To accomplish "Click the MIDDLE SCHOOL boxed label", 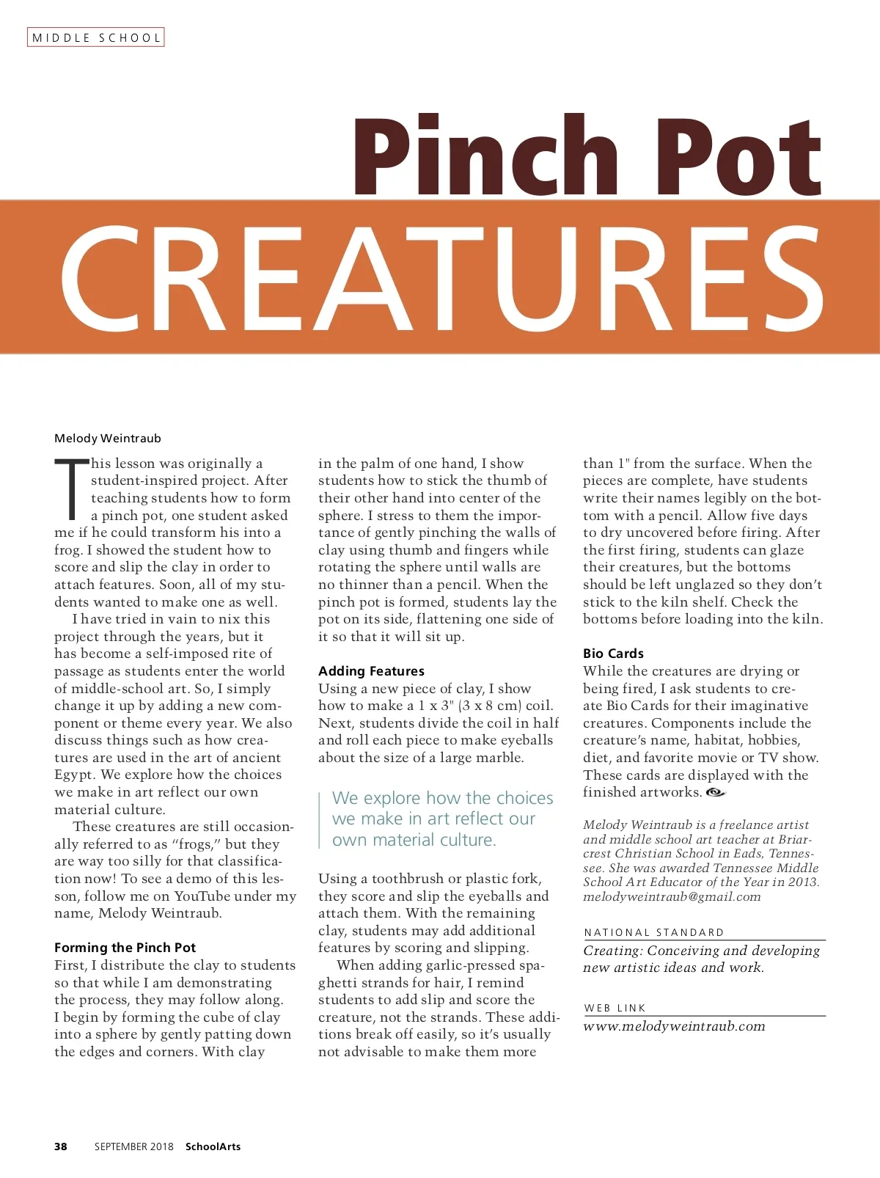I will coord(96,37).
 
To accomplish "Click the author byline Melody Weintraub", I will coord(108,438).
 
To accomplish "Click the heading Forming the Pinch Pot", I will coord(125,947).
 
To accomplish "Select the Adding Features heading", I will coord(371,670).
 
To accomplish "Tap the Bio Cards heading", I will coord(613,653).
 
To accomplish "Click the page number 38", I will coord(61,1146).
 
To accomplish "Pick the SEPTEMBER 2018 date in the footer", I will coord(134,1146).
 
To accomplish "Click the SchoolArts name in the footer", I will coord(213,1146).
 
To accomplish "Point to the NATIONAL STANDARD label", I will coord(654,932).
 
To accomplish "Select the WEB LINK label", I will coord(615,1008).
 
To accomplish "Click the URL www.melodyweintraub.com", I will coord(674,1025).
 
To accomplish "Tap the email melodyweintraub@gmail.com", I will coord(672,896).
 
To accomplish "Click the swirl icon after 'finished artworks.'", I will coord(715,792).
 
